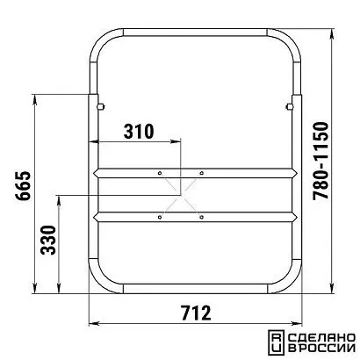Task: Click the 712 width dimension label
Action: (x=196, y=313)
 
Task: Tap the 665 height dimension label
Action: (x=23, y=185)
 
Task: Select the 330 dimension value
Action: (x=48, y=240)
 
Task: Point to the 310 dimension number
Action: (x=139, y=132)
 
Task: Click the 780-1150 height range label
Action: (x=320, y=161)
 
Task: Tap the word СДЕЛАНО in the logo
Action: (x=322, y=338)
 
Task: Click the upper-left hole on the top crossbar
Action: (x=160, y=173)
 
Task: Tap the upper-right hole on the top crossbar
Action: (x=201, y=173)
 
